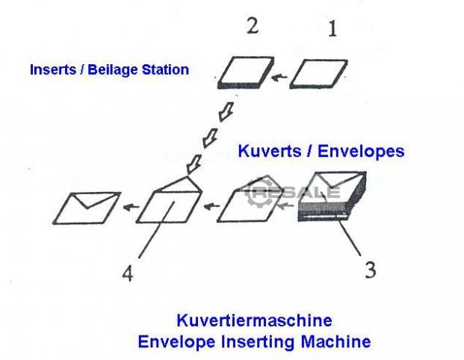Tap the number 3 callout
(x=370, y=269)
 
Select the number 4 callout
(x=128, y=274)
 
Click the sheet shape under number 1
(x=318, y=75)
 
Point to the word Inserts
(x=54, y=70)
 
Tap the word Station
(x=164, y=70)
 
